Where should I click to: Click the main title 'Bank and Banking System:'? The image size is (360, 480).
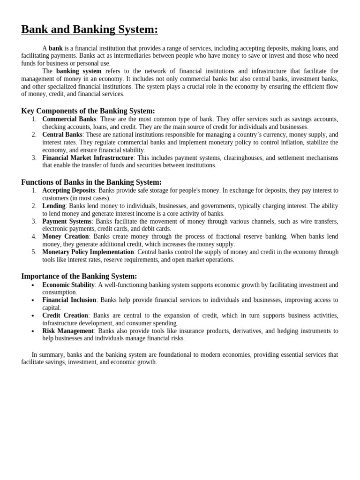coord(90,30)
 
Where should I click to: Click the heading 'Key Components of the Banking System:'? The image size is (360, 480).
coord(88,111)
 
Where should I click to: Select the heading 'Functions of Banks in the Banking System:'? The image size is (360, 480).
coord(91,182)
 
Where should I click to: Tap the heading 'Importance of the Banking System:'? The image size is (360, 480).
coord(79,277)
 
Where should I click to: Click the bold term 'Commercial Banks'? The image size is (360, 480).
coord(69,119)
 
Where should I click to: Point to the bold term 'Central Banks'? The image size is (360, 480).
coord(62,135)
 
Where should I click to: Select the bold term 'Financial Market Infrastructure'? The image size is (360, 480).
coord(88,157)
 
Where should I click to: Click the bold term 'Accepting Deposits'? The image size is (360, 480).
coord(69,190)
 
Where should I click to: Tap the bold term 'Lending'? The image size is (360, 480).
coord(54,206)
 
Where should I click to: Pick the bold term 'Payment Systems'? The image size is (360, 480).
coord(67,221)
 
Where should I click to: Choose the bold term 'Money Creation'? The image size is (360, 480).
coord(66,236)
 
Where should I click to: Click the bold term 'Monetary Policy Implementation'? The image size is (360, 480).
coord(88,252)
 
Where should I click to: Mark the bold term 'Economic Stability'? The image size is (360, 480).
coord(68,285)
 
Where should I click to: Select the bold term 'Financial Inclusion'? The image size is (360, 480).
coord(69,300)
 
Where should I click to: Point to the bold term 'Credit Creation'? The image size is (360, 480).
coord(65,315)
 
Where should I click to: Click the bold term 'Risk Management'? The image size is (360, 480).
coord(68,331)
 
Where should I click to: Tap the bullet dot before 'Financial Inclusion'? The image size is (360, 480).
coord(32,300)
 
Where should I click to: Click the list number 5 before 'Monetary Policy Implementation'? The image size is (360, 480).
coord(34,252)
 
